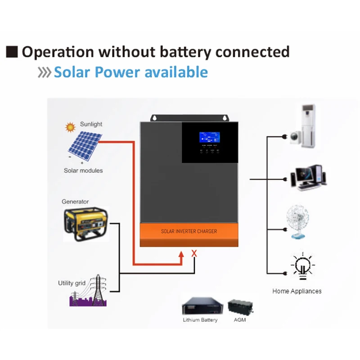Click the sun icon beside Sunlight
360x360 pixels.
pyautogui.click(x=70, y=127)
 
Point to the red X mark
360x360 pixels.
pyautogui.click(x=194, y=253)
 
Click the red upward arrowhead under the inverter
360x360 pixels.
pyautogui.click(x=180, y=255)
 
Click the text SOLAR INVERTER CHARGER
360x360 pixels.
pyautogui.click(x=189, y=231)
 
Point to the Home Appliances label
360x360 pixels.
pyautogui.click(x=297, y=291)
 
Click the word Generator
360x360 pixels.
pyautogui.click(x=75, y=202)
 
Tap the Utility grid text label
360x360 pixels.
pyautogui.click(x=72, y=283)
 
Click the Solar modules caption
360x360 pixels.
pyautogui.click(x=83, y=171)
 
